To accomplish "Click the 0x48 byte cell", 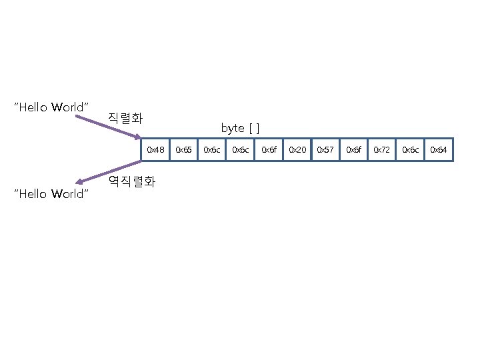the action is tap(155, 150).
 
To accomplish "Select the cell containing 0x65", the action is tap(183, 150).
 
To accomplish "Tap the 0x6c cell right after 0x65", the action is tap(212, 150).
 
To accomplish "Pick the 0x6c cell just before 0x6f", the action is tap(240, 150).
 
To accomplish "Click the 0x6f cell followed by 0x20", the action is tap(269, 150).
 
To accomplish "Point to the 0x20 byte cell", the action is tap(297, 150).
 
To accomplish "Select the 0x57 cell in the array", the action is tap(325, 150).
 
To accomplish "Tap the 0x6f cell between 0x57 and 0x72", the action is tap(354, 150).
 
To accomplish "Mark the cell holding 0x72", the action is tap(382, 150).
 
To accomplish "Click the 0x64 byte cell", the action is tap(439, 150).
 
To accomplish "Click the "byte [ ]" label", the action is tap(241, 127).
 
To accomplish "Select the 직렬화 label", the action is tap(125, 119).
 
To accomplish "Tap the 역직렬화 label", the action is tap(131, 181).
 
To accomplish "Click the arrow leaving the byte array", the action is tap(110, 171).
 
